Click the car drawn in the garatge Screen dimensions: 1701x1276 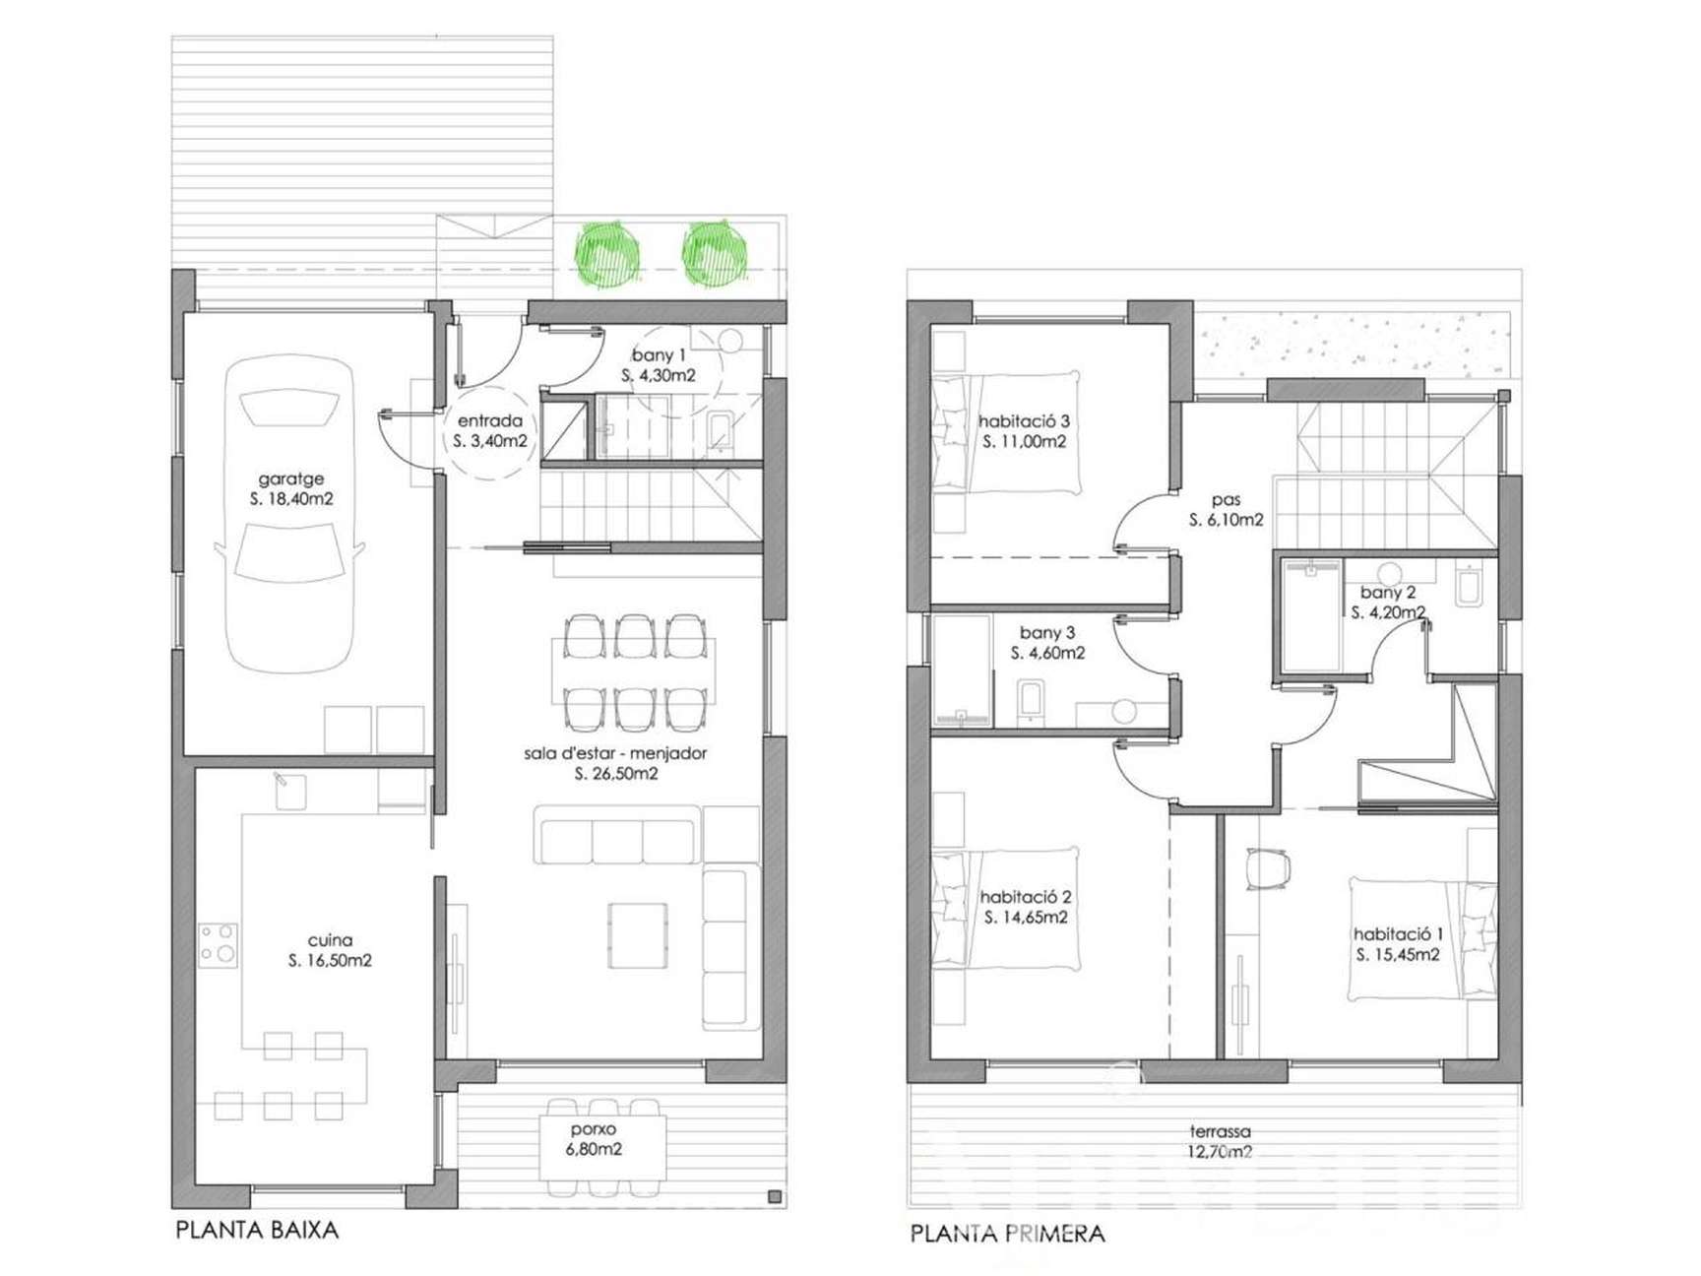tap(289, 515)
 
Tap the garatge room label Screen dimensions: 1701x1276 tap(290, 478)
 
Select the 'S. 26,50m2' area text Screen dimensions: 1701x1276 tap(616, 774)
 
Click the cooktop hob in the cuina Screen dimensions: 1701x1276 tap(218, 944)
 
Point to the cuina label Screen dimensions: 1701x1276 tap(330, 940)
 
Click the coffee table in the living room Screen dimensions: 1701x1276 tap(637, 935)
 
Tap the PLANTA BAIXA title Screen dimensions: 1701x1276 tap(257, 1230)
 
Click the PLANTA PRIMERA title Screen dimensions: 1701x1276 tap(1007, 1234)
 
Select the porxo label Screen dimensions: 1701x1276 tap(594, 1129)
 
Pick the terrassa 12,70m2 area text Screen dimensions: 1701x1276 tap(1220, 1152)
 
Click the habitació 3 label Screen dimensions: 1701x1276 tap(1024, 421)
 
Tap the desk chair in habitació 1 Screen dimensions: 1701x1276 tap(1267, 868)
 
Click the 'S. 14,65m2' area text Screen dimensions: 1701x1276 tap(1026, 918)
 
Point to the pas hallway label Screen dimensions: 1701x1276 tap(1227, 500)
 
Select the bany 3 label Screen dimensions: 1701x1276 tap(1047, 632)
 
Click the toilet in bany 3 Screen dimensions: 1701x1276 tap(1031, 701)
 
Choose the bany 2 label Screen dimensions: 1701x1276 tap(1388, 592)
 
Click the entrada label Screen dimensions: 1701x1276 tap(490, 420)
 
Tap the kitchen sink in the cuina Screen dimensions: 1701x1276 tap(289, 792)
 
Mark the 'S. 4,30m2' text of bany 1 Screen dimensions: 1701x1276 tap(659, 375)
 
